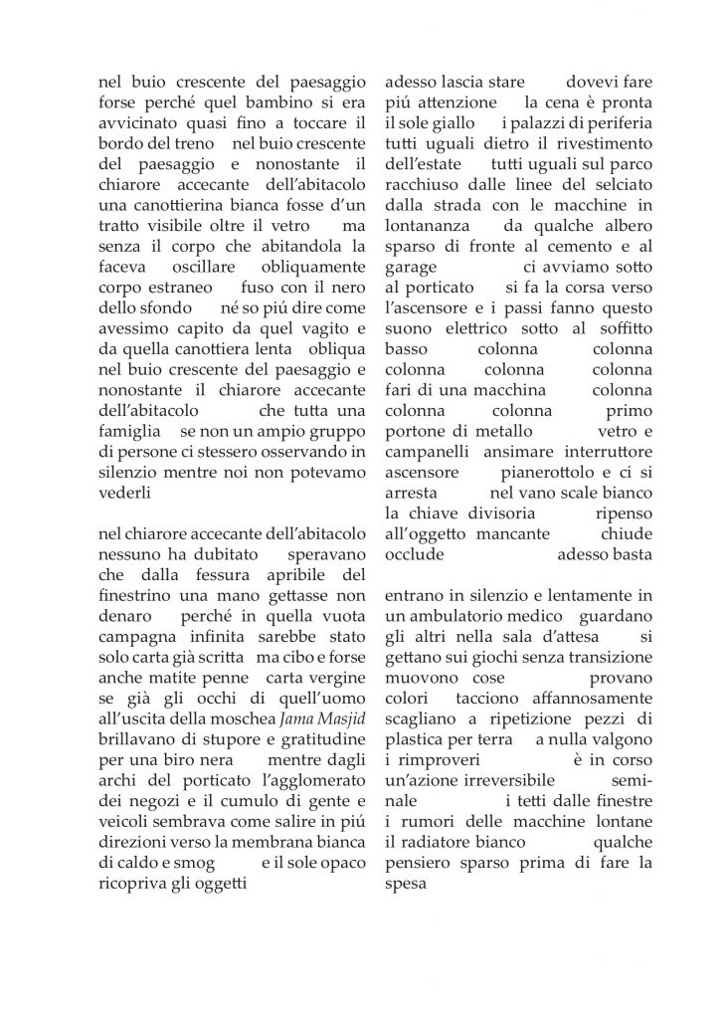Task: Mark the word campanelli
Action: coord(426,447)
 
